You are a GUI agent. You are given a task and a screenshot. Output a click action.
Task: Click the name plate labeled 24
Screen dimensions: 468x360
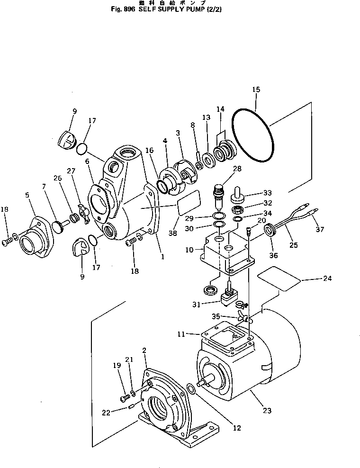coord(279,278)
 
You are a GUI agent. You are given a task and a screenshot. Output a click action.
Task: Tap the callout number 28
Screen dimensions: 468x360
coord(236,169)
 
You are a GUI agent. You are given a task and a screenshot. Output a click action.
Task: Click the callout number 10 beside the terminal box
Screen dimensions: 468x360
coord(189,250)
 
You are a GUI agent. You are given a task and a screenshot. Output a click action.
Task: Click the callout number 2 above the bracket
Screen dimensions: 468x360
coord(144,350)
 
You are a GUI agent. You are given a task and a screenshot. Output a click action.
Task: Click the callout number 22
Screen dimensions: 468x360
coord(106,412)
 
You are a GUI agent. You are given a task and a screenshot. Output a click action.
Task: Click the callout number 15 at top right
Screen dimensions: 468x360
coord(256,90)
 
